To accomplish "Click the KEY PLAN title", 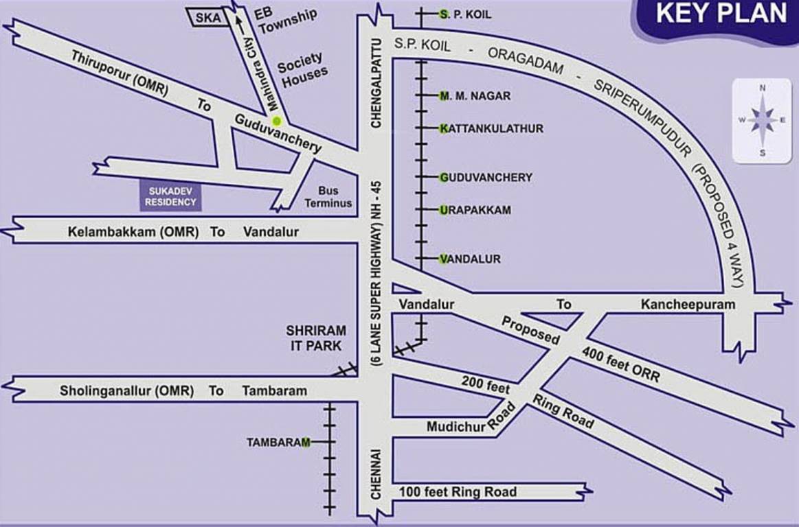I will click(x=721, y=14).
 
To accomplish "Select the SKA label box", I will click(x=205, y=18).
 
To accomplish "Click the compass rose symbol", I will click(x=763, y=120).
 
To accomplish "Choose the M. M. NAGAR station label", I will click(x=475, y=96).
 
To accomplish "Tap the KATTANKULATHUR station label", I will click(x=492, y=128).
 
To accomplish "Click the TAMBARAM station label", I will click(x=278, y=443).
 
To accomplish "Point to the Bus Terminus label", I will click(x=328, y=197).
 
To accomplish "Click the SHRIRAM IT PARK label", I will click(x=316, y=338).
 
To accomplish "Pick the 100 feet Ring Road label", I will click(x=458, y=492).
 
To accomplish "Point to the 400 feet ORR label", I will click(x=621, y=366).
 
